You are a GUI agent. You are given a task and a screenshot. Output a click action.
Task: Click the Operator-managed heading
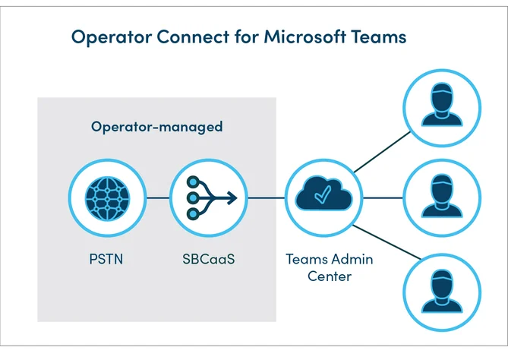(x=157, y=127)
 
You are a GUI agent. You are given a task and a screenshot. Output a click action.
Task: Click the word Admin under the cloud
(x=352, y=259)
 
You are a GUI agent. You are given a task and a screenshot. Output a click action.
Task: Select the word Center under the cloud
(x=330, y=276)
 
